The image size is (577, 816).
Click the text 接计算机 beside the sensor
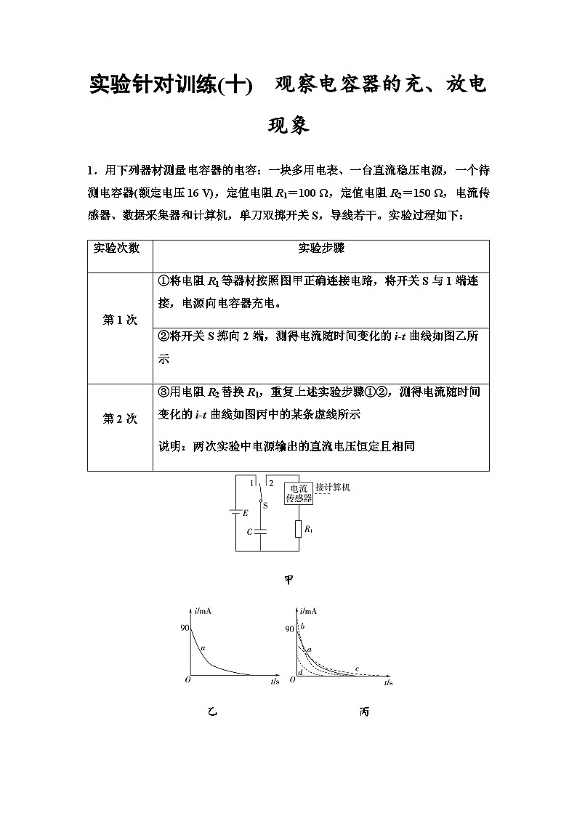point(333,488)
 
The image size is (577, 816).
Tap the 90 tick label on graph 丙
point(290,629)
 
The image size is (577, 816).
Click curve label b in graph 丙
point(302,626)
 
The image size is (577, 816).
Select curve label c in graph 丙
point(356,668)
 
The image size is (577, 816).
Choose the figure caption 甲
point(288,580)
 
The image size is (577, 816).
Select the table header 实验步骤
point(321,248)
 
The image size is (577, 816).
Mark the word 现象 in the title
point(288,126)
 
